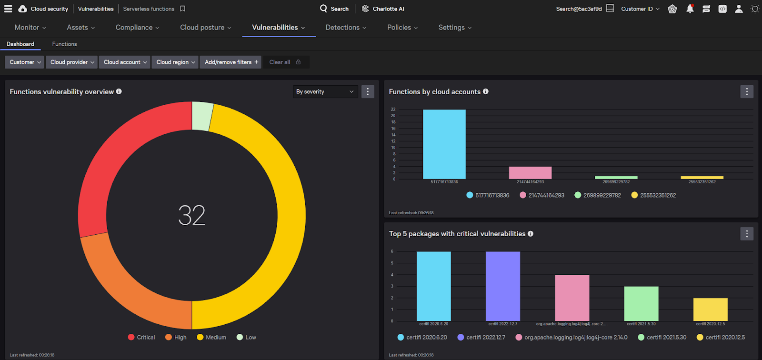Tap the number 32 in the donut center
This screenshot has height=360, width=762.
click(x=192, y=215)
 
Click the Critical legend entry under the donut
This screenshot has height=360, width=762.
click(x=141, y=337)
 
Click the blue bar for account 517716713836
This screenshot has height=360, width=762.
click(x=444, y=144)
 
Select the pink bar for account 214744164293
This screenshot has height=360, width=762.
click(x=530, y=172)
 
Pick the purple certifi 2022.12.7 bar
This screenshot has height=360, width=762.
click(x=503, y=286)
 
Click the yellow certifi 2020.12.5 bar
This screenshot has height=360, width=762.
click(x=710, y=309)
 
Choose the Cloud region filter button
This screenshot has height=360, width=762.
click(x=175, y=62)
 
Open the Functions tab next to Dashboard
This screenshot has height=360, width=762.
click(x=64, y=44)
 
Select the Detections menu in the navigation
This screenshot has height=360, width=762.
click(x=346, y=28)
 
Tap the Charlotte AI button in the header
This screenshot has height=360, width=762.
click(x=383, y=9)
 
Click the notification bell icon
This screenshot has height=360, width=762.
click(x=690, y=9)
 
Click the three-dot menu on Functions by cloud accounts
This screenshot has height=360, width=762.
click(x=747, y=91)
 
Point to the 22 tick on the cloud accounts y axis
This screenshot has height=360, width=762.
click(x=393, y=109)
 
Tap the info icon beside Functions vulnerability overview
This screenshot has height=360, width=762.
click(x=119, y=91)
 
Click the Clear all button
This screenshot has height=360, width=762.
click(x=285, y=62)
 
